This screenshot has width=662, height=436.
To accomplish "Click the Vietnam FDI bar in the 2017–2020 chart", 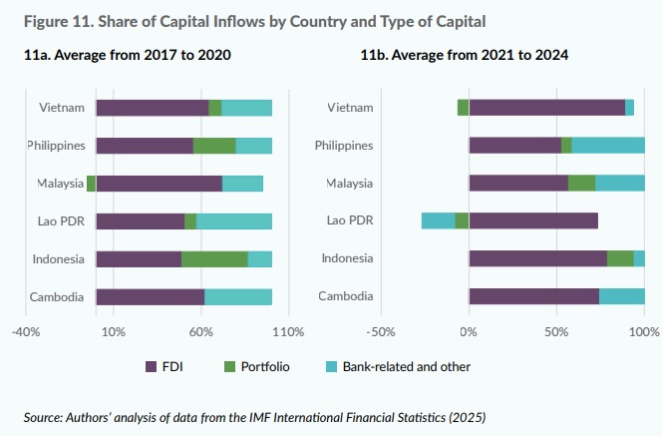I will coord(153,108).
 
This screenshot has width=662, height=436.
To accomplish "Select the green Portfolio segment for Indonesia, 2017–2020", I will coord(214,258).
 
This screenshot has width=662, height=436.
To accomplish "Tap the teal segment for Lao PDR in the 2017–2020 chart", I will coord(234,221).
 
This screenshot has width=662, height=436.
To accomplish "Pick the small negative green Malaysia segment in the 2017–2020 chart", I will coord(92,184).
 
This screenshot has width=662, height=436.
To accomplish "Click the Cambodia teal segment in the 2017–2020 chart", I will coord(238,296).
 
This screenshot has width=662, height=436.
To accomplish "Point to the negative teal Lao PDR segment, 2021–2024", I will coord(438,221).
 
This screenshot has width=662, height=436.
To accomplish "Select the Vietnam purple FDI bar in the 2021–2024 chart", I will coord(546,108).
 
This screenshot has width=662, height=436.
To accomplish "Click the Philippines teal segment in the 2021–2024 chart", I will coord(608,146).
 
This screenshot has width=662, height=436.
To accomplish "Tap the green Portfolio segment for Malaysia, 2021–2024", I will coord(581,184).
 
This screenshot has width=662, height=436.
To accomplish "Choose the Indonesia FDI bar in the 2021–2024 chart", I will coord(537,258).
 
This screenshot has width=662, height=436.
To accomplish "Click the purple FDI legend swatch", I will coord(152,366).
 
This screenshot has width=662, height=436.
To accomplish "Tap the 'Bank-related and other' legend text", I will coord(406,366).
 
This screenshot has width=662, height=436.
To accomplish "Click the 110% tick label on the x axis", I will coord(288,331).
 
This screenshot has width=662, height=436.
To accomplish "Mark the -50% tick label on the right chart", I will coord(381,331).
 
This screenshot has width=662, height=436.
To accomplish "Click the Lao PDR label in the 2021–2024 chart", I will coord(351,220).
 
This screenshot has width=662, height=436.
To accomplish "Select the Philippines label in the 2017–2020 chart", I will coord(59,146).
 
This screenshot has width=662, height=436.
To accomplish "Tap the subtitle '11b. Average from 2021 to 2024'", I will coord(464,56).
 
